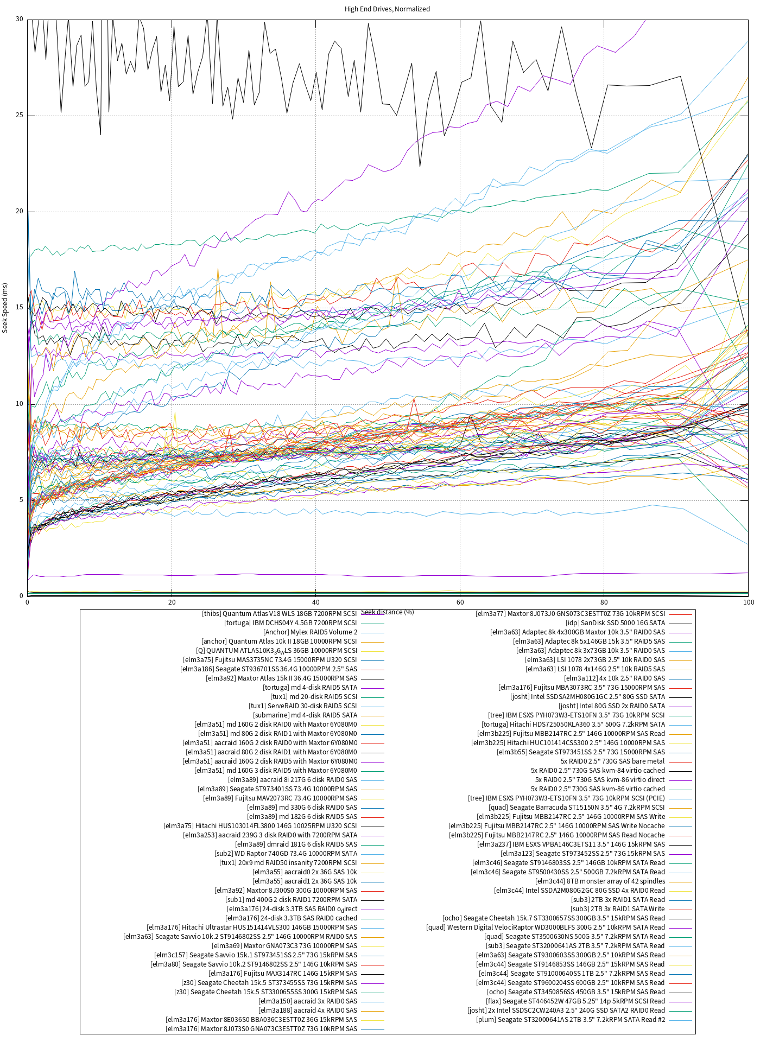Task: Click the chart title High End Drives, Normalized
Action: [x=387, y=9]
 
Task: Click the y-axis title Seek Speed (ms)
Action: [x=5, y=307]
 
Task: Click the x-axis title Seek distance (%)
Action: [x=388, y=612]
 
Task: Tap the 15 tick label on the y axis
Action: [x=20, y=308]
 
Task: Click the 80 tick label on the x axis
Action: [x=604, y=602]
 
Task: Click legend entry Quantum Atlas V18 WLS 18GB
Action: [x=280, y=614]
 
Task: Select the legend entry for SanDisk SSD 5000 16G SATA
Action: [x=615, y=623]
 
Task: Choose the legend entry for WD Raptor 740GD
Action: [x=286, y=854]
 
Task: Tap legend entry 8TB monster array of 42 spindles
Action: [x=600, y=881]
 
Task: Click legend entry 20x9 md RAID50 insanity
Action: [x=288, y=863]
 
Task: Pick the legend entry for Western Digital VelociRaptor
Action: [x=545, y=927]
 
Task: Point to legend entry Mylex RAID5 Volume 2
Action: [x=311, y=632]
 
